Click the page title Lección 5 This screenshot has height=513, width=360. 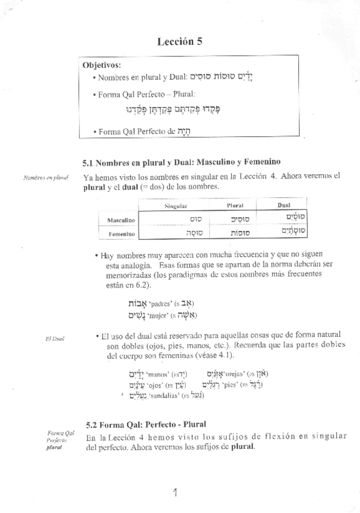pos(180,42)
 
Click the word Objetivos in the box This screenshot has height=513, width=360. pos(102,65)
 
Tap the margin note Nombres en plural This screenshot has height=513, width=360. pos(45,177)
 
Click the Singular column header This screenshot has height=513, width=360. pos(175,206)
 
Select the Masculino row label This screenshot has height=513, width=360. pos(120,220)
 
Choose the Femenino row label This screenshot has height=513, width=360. pos(121,234)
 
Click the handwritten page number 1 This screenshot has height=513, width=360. pos(174,493)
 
